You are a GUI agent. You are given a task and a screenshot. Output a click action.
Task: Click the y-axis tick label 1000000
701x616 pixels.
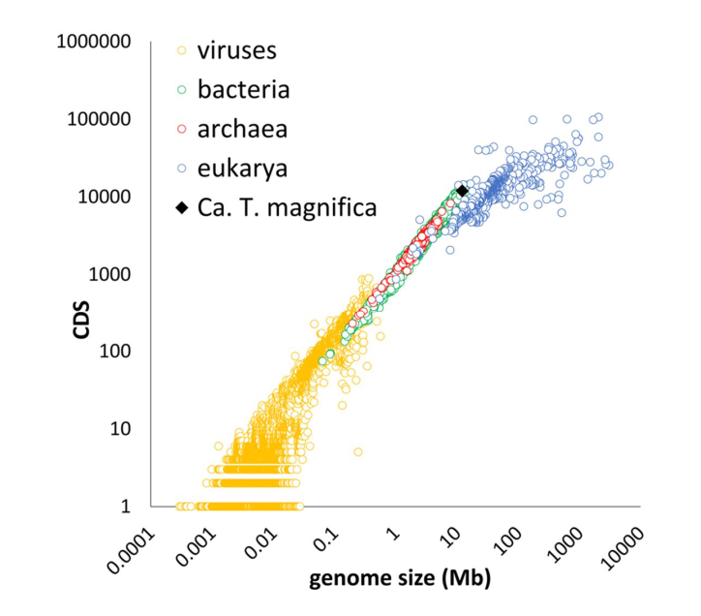tap(94, 42)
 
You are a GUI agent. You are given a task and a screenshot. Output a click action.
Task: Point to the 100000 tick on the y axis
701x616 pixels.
tap(99, 119)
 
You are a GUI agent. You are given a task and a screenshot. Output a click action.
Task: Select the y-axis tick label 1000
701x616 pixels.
tap(109, 274)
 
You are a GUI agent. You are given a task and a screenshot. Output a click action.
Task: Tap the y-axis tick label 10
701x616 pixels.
tap(120, 428)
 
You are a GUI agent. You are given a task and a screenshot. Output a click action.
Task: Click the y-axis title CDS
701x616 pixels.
tap(81, 320)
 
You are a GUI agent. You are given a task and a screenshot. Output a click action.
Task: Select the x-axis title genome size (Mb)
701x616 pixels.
tap(400, 578)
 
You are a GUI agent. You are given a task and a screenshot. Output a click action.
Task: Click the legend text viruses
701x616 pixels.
tap(237, 50)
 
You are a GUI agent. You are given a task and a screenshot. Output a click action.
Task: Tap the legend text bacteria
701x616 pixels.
tap(244, 89)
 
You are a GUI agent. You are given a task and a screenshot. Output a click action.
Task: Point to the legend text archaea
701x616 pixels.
tap(242, 129)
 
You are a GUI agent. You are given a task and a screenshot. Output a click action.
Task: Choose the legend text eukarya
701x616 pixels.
tap(242, 169)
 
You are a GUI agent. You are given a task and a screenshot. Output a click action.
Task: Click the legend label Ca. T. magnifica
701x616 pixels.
tap(287, 207)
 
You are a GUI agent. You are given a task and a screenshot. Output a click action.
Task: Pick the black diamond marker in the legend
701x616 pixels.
tap(182, 207)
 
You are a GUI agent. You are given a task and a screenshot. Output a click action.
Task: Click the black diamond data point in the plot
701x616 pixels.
tap(462, 191)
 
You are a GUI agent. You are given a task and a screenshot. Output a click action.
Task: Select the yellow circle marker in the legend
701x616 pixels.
tap(181, 50)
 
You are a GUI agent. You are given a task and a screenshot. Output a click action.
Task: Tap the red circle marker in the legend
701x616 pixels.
tap(181, 129)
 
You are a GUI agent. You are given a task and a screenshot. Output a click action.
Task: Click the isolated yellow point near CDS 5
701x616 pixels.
tap(357, 451)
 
